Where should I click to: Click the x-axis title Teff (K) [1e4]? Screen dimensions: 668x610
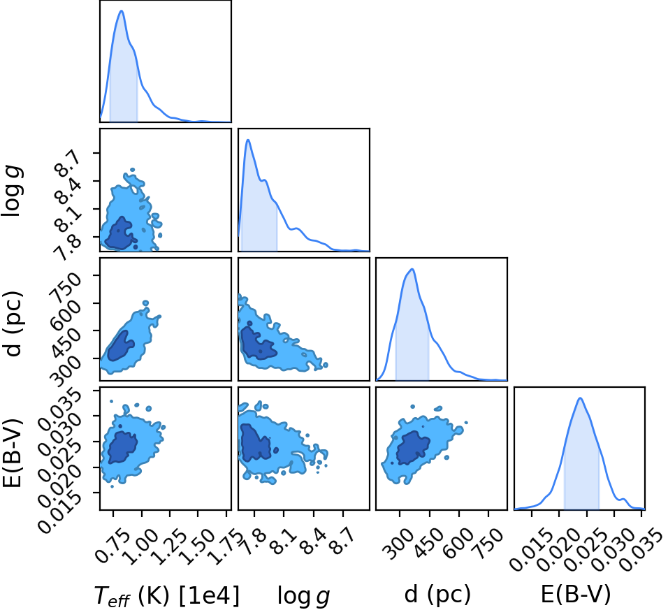tap(166, 595)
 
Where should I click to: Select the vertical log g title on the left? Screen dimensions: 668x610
tap(13, 191)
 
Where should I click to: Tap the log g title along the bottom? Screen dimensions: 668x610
tap(304, 595)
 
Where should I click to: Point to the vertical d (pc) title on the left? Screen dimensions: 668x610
tap(13, 324)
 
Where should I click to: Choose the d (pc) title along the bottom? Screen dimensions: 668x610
tap(437, 594)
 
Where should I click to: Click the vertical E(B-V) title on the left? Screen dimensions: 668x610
tap(13, 453)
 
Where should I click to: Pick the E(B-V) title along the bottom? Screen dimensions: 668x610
tap(576, 594)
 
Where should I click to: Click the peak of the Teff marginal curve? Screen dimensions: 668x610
tap(122, 10)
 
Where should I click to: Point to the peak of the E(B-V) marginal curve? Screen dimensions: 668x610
tap(580, 398)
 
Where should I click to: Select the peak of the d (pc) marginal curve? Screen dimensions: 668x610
tap(412, 269)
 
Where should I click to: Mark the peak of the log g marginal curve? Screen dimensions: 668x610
tap(247, 140)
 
